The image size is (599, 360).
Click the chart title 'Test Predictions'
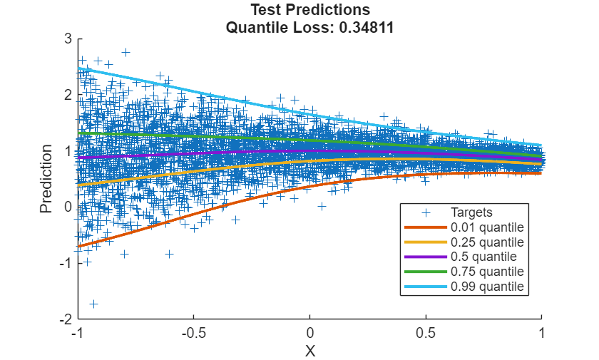coord(310,10)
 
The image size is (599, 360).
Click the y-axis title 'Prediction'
coord(46,178)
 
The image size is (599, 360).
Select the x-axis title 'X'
coord(309,350)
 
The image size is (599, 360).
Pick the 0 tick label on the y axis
coord(68,207)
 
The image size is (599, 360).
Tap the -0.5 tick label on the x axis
coord(193,333)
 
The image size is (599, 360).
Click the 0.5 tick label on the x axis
coord(426,333)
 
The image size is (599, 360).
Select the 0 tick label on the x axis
coord(309,333)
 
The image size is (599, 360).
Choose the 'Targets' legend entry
coord(471,212)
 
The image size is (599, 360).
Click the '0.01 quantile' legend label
coord(487,227)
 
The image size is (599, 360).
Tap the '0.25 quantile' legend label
coord(487,242)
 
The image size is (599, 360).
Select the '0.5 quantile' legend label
coord(484,257)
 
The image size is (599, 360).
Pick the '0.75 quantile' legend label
coord(487,272)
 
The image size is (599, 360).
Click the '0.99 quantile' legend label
coord(487,287)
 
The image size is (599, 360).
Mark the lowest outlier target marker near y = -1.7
coord(93,304)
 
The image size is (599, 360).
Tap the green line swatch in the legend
coord(425,272)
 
